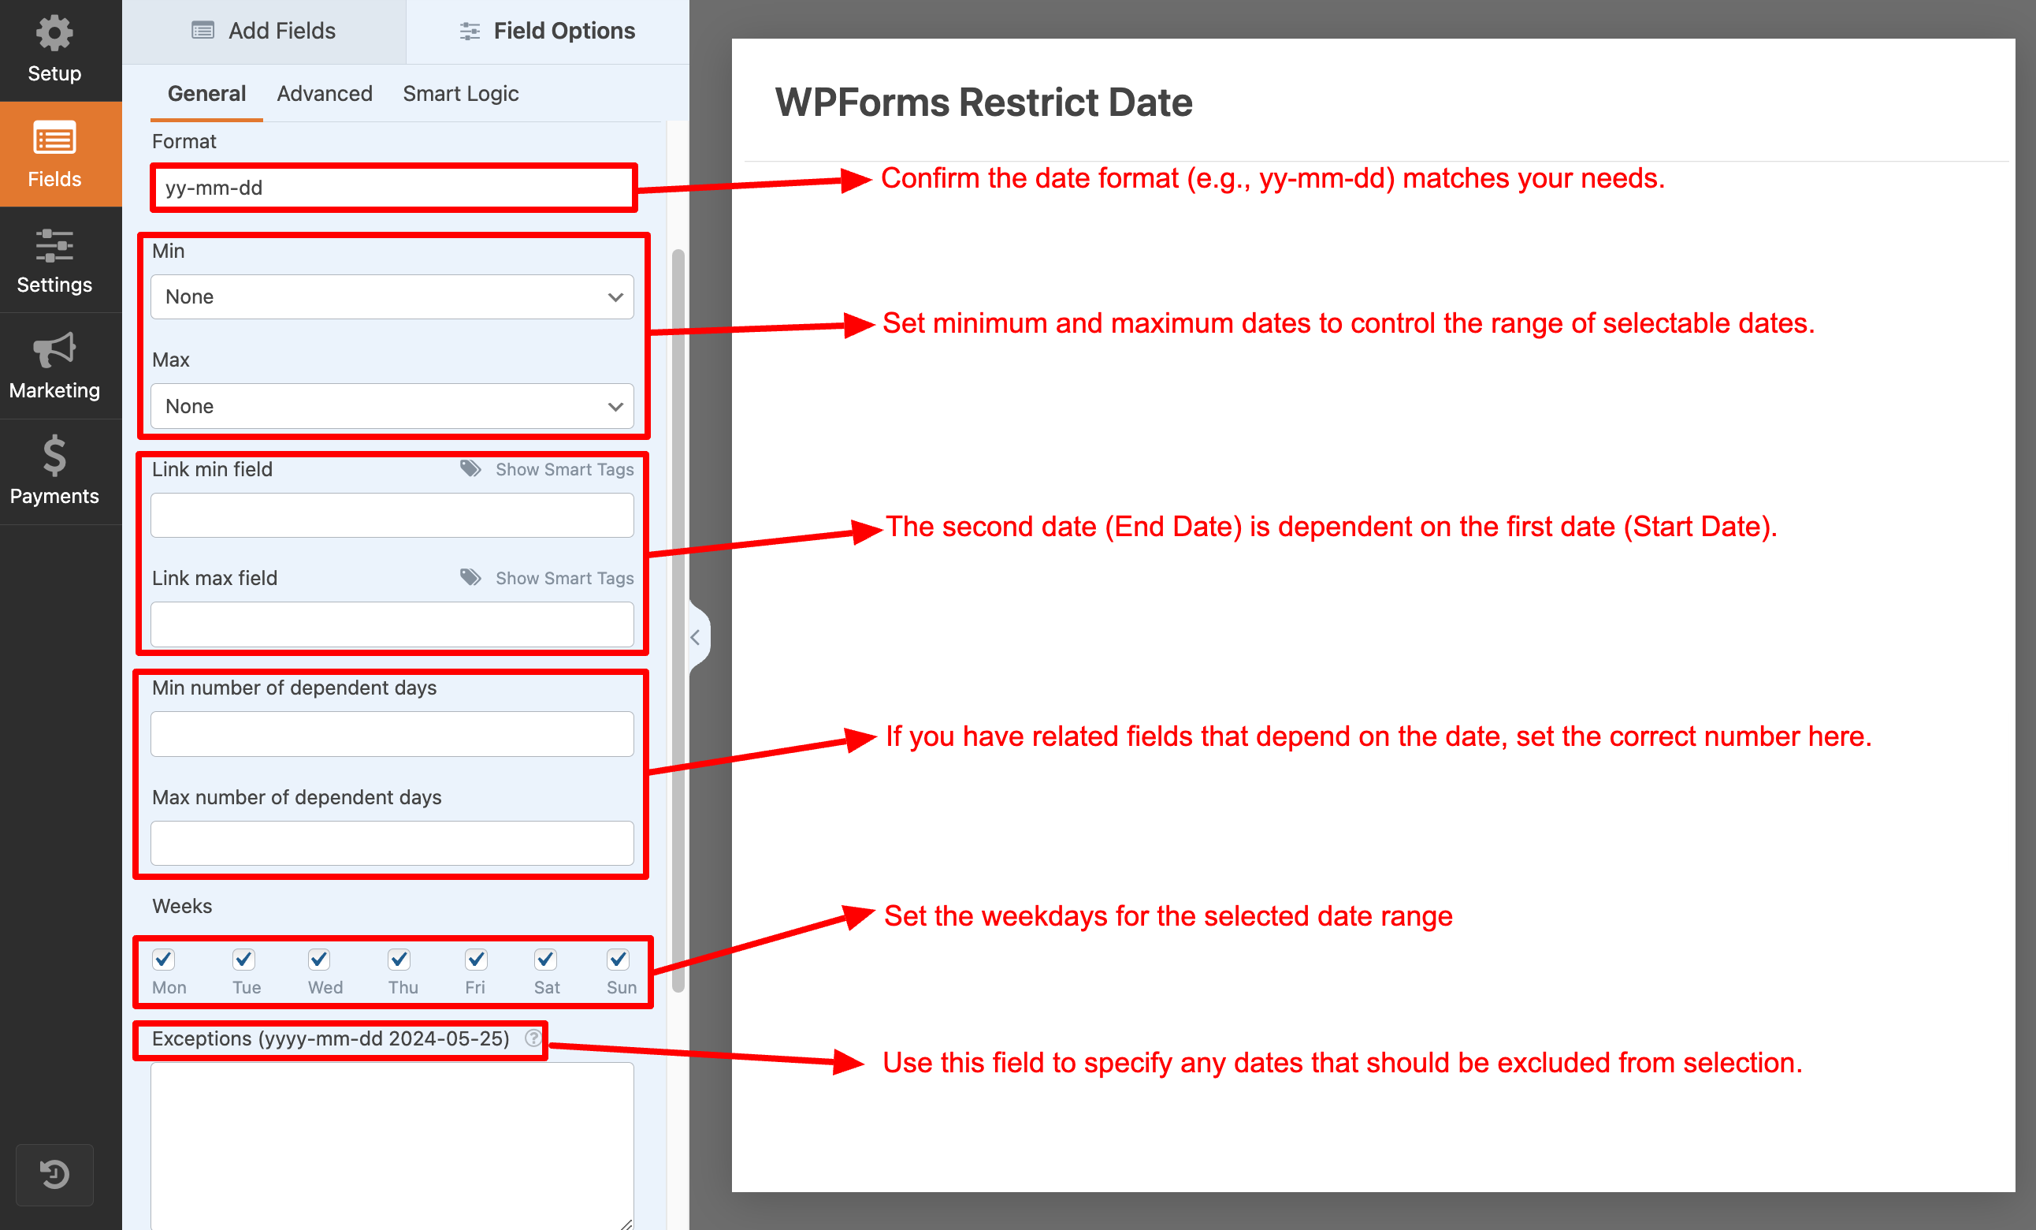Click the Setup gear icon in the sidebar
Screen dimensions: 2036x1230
(x=54, y=33)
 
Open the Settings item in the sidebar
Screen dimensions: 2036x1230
(x=54, y=260)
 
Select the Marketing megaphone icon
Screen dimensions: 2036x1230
(x=54, y=349)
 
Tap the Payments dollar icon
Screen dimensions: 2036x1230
(x=54, y=456)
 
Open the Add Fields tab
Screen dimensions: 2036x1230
(x=264, y=32)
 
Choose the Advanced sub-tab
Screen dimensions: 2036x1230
(x=325, y=93)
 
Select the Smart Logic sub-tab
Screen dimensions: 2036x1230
(x=460, y=93)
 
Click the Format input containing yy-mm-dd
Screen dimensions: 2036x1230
(x=392, y=188)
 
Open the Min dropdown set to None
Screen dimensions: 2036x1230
(x=392, y=296)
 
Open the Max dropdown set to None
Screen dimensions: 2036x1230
(x=392, y=406)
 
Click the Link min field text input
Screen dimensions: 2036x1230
(x=392, y=515)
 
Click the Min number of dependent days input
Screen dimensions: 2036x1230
(x=392, y=734)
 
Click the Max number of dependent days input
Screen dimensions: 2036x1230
(x=392, y=843)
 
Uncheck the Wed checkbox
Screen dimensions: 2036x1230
(x=319, y=959)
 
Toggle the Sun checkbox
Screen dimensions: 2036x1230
(x=618, y=959)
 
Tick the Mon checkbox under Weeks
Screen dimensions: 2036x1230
(x=164, y=959)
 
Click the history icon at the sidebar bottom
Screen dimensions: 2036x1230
(x=54, y=1174)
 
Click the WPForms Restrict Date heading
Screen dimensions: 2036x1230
(x=983, y=102)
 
